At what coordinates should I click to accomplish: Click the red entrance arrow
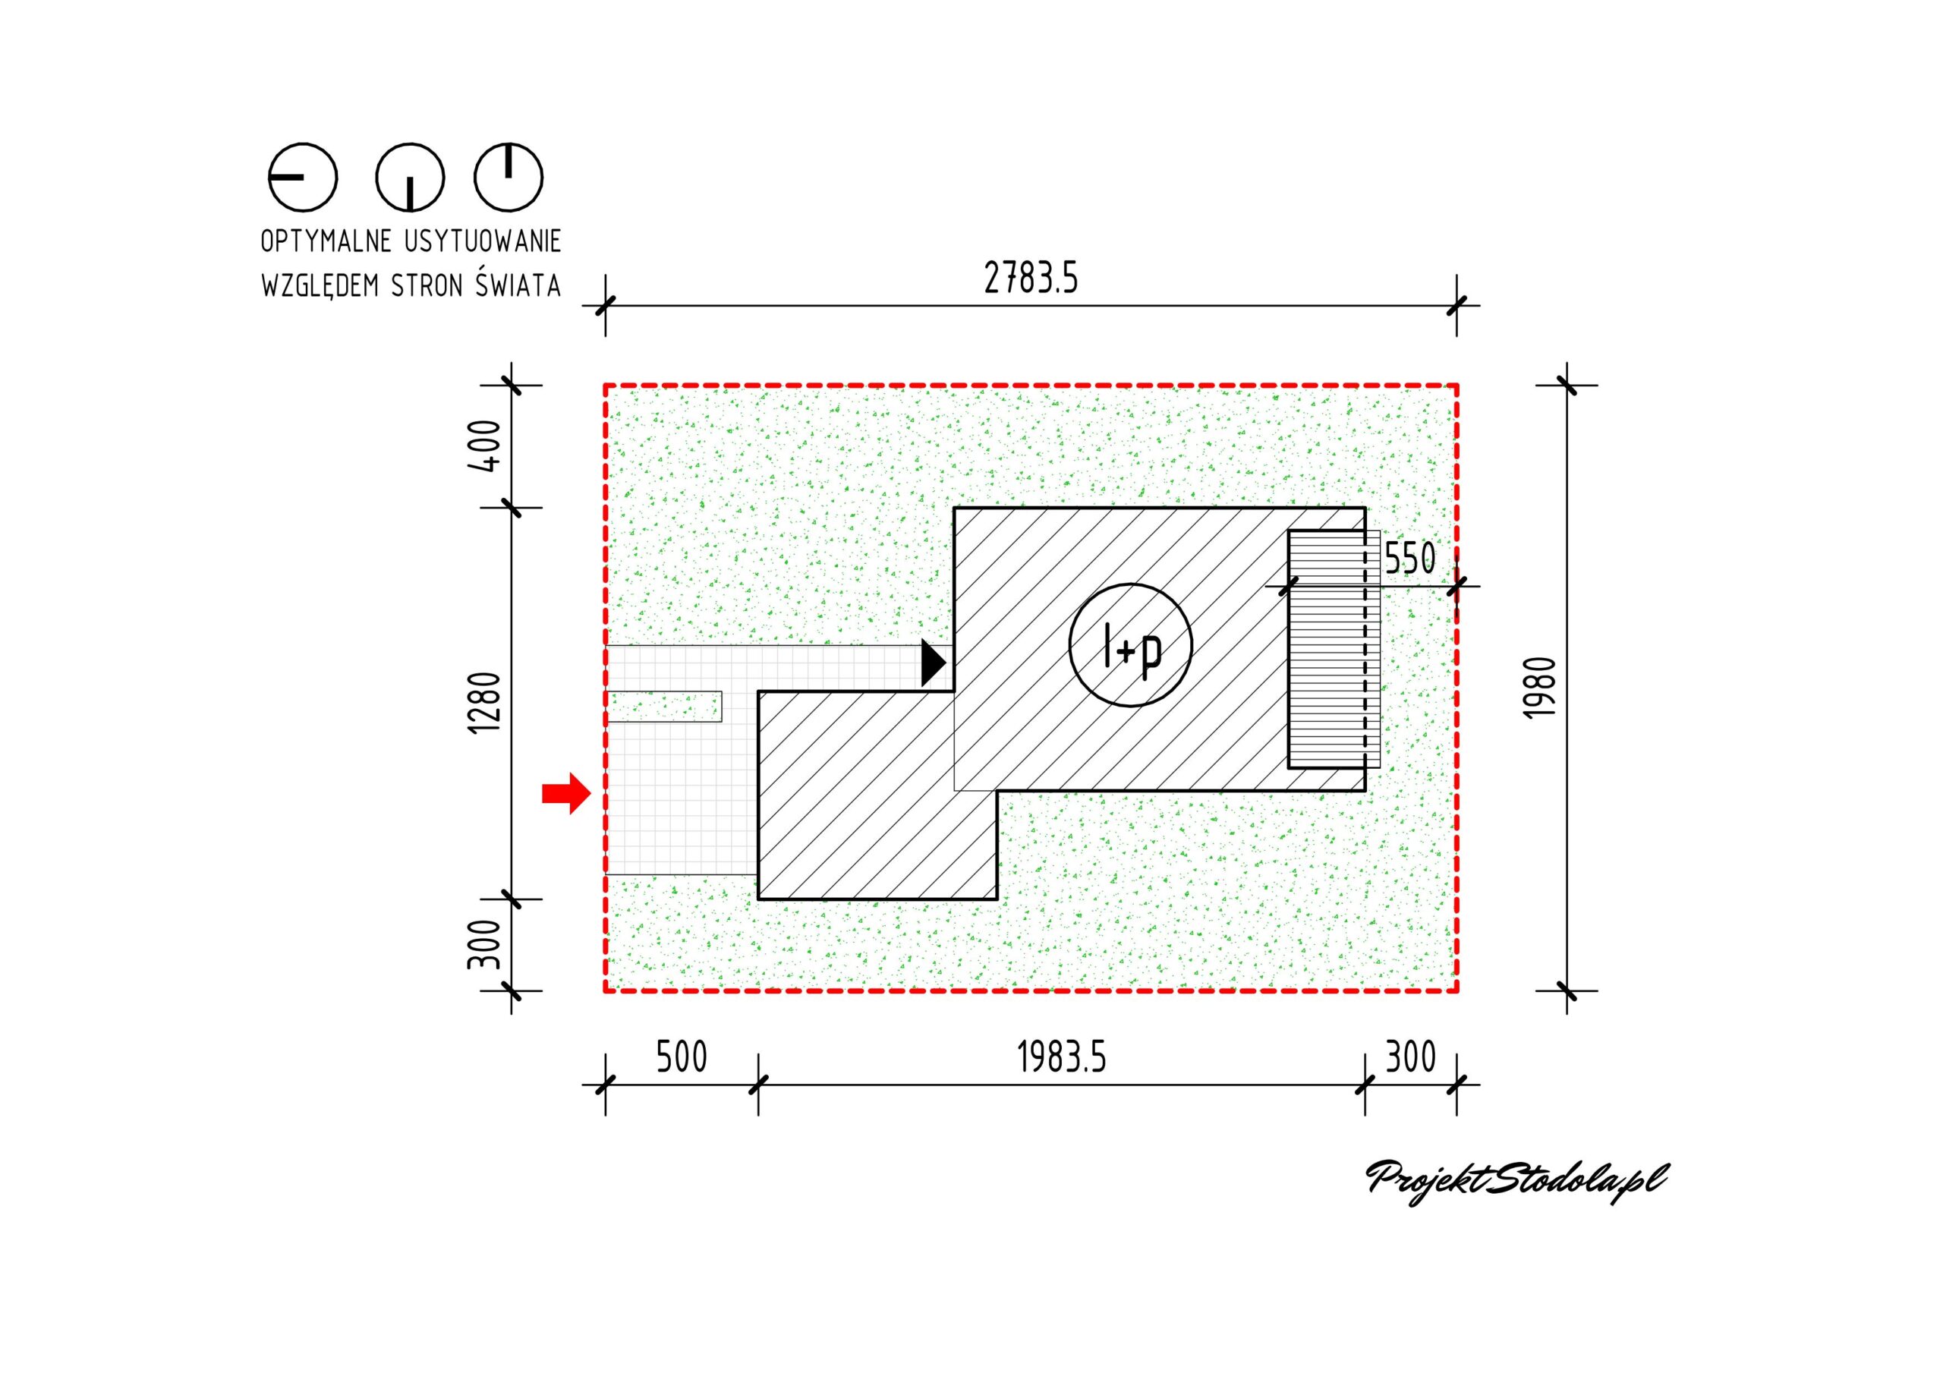tap(566, 793)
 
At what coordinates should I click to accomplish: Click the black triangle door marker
tap(934, 663)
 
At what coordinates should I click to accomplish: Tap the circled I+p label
tap(1131, 645)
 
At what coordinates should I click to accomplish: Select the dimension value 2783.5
tap(1031, 278)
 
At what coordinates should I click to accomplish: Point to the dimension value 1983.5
tap(1061, 1057)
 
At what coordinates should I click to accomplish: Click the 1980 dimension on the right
tap(1539, 688)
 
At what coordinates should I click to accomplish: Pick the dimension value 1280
tap(485, 703)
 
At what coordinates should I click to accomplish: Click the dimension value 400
tap(485, 446)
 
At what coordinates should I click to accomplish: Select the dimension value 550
tap(1410, 559)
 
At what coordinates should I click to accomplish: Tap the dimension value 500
tap(682, 1057)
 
